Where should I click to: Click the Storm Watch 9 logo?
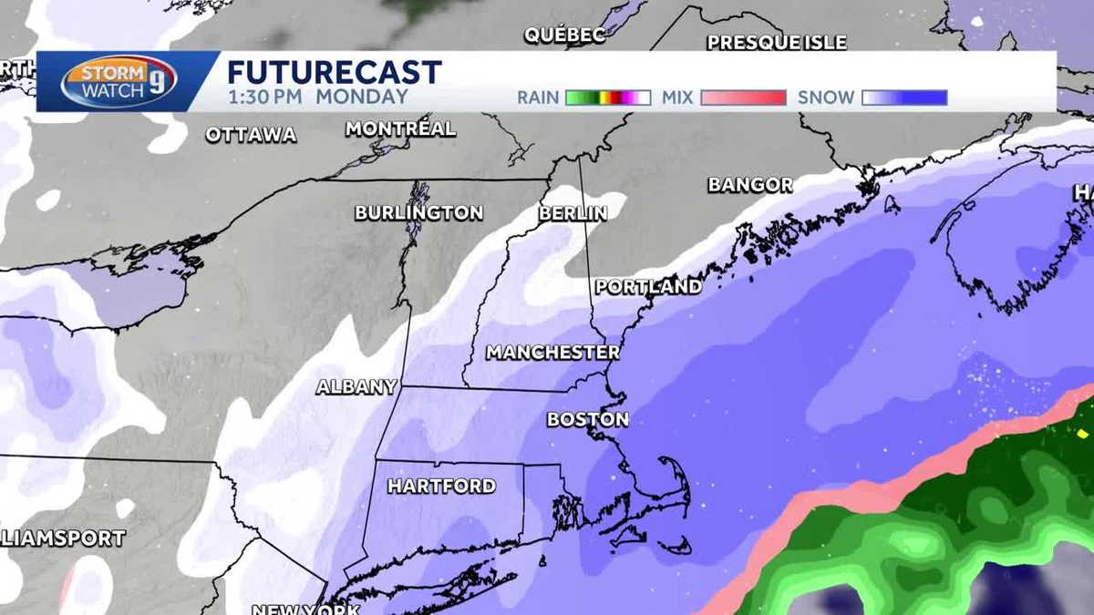tap(119, 82)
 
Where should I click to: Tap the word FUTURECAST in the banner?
tap(335, 72)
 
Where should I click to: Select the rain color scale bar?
tap(608, 97)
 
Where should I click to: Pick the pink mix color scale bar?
tap(743, 97)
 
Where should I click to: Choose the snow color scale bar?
tap(904, 97)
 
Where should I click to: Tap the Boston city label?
tap(588, 420)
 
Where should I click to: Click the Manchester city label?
tap(552, 353)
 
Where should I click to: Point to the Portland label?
tap(649, 287)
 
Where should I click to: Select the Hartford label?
tap(442, 487)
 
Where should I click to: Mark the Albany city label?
tap(356, 387)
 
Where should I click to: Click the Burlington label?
tap(418, 213)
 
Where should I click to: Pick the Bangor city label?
tap(750, 185)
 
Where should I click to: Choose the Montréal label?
tap(400, 129)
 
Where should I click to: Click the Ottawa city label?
tap(251, 136)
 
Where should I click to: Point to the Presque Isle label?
tap(777, 43)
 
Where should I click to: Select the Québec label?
tap(565, 36)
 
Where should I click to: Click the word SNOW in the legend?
tap(826, 97)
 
